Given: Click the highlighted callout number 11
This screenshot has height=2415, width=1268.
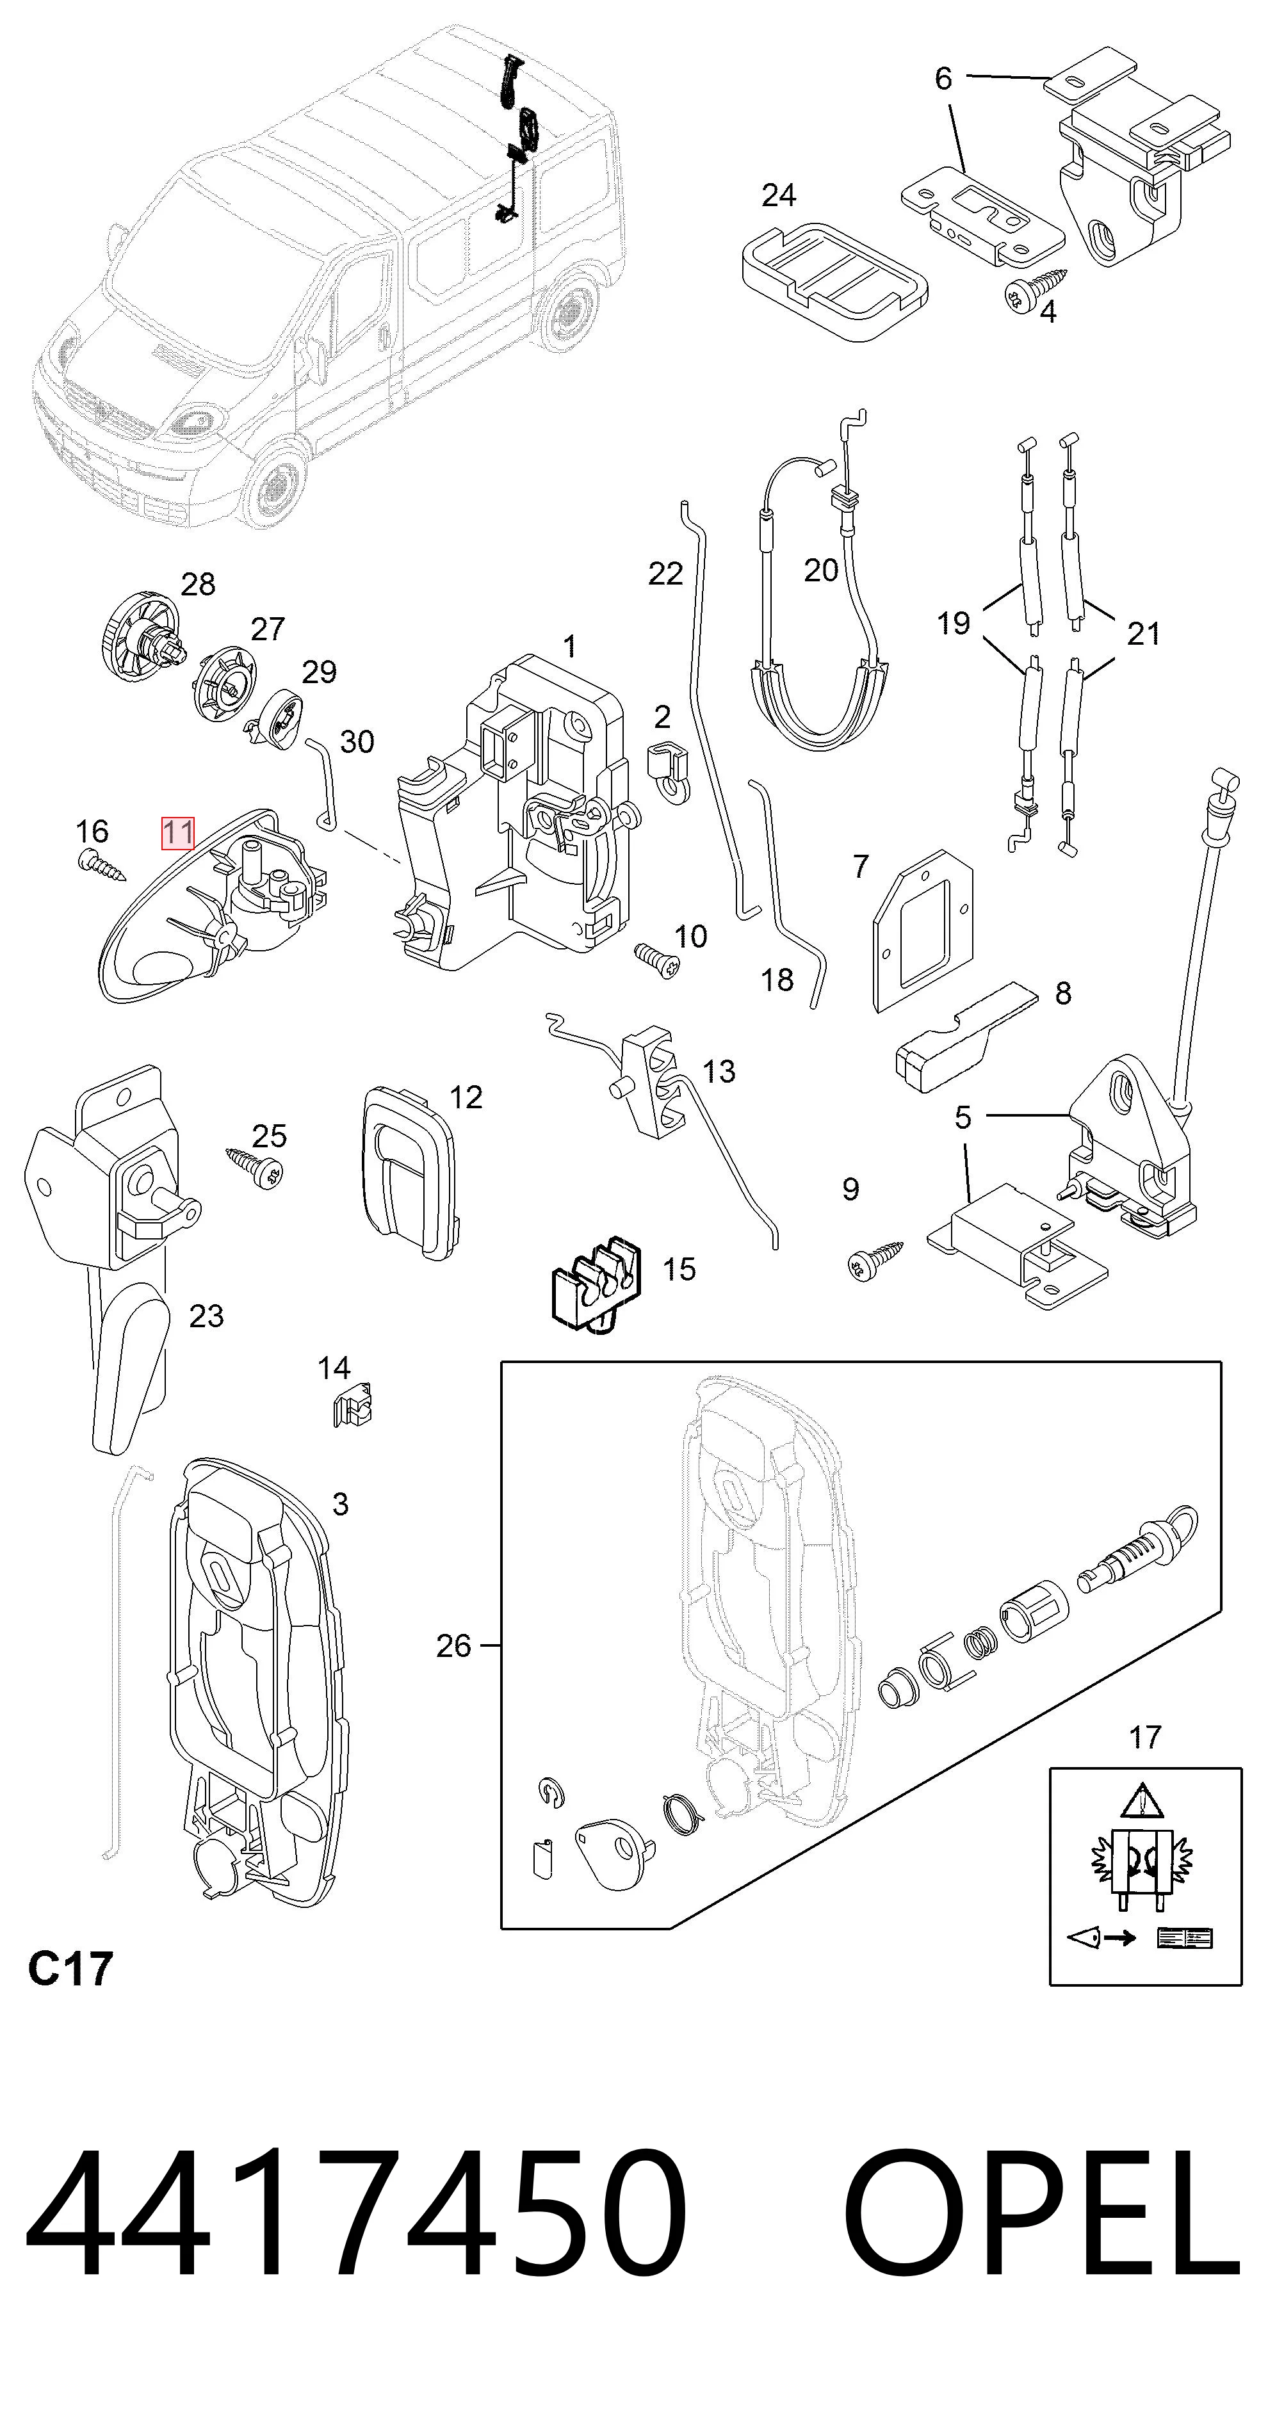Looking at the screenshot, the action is tap(178, 832).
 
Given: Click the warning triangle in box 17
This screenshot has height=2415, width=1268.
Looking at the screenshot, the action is tap(1141, 1800).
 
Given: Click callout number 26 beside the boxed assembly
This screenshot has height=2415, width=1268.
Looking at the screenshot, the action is tap(454, 1645).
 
